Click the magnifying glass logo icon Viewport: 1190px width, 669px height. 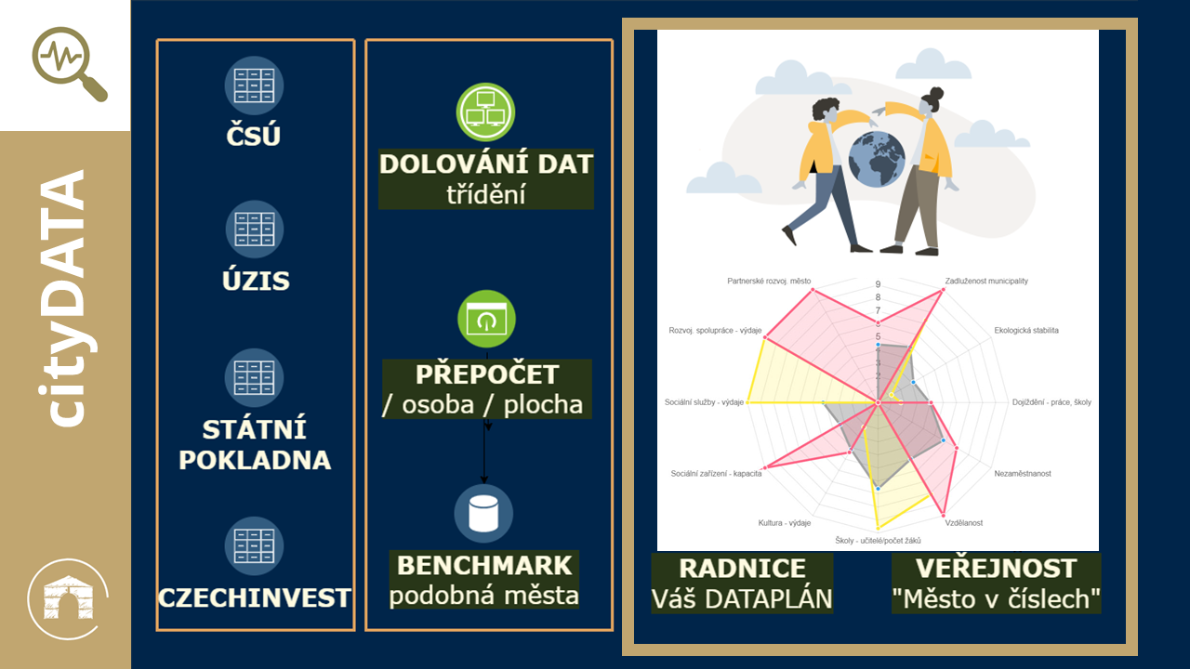[68, 62]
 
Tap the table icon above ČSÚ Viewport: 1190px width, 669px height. [254, 85]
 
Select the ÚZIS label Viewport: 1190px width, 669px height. [256, 280]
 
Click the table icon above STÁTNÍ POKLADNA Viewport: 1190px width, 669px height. [254, 377]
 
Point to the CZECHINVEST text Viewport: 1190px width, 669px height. [254, 597]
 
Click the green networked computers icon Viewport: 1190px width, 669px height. [485, 112]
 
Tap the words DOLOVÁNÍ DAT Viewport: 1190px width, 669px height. [485, 164]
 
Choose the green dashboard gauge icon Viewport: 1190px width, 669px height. [486, 319]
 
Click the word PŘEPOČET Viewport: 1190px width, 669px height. [487, 374]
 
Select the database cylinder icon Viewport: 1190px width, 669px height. [483, 514]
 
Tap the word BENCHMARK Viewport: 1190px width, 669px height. [484, 566]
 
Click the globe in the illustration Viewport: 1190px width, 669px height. [877, 159]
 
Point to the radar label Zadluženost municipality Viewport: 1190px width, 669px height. [986, 281]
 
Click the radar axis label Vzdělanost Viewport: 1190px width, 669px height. [964, 523]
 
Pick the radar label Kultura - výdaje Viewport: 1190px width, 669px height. [784, 523]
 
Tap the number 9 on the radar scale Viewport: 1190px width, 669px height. [878, 284]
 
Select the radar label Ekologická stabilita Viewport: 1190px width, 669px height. [1026, 330]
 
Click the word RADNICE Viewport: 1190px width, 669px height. [742, 569]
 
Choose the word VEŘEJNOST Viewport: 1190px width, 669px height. [996, 569]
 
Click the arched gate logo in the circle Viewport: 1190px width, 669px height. [68, 599]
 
